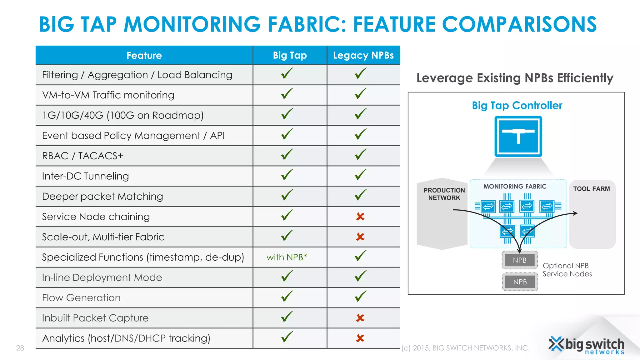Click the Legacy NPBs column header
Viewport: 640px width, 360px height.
(363, 55)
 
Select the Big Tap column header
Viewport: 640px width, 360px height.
(290, 55)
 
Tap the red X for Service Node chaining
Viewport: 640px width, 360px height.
(360, 217)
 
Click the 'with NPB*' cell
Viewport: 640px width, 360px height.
(287, 257)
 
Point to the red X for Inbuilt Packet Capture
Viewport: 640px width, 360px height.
(360, 318)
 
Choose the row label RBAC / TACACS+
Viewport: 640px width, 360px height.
(82, 156)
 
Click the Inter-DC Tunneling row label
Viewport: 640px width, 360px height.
(85, 176)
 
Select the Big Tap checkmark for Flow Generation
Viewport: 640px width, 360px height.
(287, 297)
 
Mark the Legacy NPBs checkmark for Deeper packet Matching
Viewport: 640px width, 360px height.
(361, 195)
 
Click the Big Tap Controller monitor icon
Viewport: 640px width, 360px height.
(518, 136)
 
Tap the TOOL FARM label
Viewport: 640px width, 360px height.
(591, 189)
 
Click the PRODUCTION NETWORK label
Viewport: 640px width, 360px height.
(444, 194)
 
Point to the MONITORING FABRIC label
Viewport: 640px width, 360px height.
(515, 187)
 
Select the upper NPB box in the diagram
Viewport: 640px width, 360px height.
(520, 260)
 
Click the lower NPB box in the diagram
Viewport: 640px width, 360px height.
(520, 282)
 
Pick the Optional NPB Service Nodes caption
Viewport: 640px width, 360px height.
(567, 270)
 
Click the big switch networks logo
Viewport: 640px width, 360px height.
(587, 346)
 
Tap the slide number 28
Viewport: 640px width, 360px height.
(20, 348)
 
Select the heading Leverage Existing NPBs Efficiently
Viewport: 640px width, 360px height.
(515, 78)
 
